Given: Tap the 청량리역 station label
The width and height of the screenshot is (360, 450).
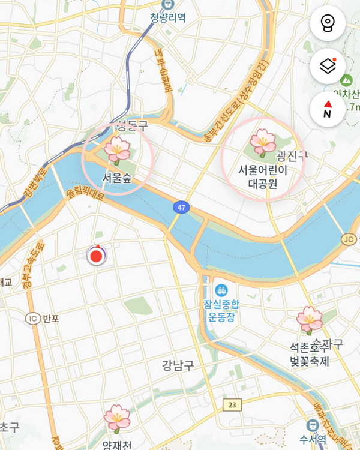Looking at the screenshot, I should click(168, 17).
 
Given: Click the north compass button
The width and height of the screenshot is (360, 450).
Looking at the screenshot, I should click(328, 109).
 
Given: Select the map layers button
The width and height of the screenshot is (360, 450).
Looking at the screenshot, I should click(328, 66).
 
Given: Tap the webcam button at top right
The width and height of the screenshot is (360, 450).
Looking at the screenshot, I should click(328, 23).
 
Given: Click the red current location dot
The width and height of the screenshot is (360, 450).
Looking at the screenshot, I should click(96, 257).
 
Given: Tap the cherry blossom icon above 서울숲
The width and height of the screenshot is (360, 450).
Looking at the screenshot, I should click(117, 150).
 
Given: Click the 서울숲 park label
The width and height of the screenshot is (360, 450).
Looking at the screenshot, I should click(117, 178).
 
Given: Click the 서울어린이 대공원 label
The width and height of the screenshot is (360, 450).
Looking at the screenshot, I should click(263, 177).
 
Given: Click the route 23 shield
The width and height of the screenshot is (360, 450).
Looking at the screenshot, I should click(232, 405).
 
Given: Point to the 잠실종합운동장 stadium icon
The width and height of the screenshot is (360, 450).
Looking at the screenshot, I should click(221, 290).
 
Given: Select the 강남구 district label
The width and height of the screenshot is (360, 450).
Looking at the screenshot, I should click(178, 365).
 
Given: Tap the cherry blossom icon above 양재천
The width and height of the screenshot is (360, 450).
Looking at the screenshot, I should click(116, 419).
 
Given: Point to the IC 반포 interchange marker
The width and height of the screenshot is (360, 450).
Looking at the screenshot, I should click(32, 318).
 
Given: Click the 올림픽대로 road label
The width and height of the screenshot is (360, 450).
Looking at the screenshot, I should click(85, 194).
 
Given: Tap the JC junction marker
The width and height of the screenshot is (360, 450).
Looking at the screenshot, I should click(349, 239).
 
